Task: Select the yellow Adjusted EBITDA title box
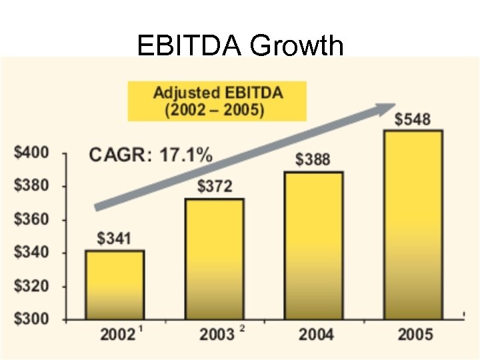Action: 217,101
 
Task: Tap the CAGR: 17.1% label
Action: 151,155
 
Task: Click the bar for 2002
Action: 115,285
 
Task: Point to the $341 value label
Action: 115,238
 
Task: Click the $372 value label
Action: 215,186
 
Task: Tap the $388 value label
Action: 313,159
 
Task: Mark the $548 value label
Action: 413,119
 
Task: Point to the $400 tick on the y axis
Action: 31,153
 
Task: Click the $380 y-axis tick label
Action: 31,186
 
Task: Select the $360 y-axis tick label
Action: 31,219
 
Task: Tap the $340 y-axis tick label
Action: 31,253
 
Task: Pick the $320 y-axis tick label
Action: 31,286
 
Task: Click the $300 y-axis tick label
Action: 31,319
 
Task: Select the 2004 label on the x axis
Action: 316,335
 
